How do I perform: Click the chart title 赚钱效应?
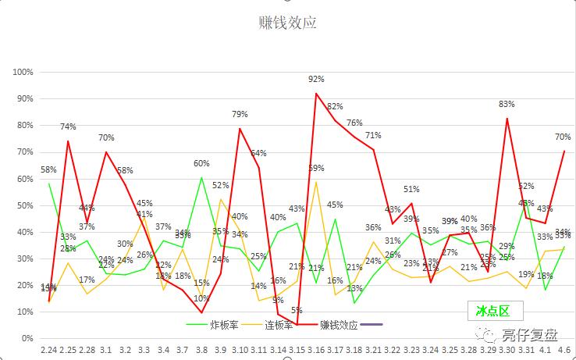click(x=287, y=23)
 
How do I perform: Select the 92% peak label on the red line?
click(x=316, y=79)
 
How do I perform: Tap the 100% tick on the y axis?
click(x=23, y=72)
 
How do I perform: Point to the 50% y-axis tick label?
click(x=24, y=205)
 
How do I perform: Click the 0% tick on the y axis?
click(x=27, y=338)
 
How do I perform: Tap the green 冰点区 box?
click(x=493, y=311)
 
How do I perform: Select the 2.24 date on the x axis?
click(x=48, y=351)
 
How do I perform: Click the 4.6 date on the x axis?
click(x=563, y=351)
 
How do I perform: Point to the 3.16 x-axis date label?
click(x=315, y=351)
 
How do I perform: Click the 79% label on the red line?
click(x=240, y=115)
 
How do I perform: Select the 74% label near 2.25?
click(x=68, y=127)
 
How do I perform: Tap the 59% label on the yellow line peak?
click(x=316, y=168)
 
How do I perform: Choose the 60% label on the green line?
click(x=201, y=163)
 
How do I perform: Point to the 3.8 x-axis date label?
click(x=201, y=351)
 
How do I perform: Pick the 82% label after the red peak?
click(x=335, y=106)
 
